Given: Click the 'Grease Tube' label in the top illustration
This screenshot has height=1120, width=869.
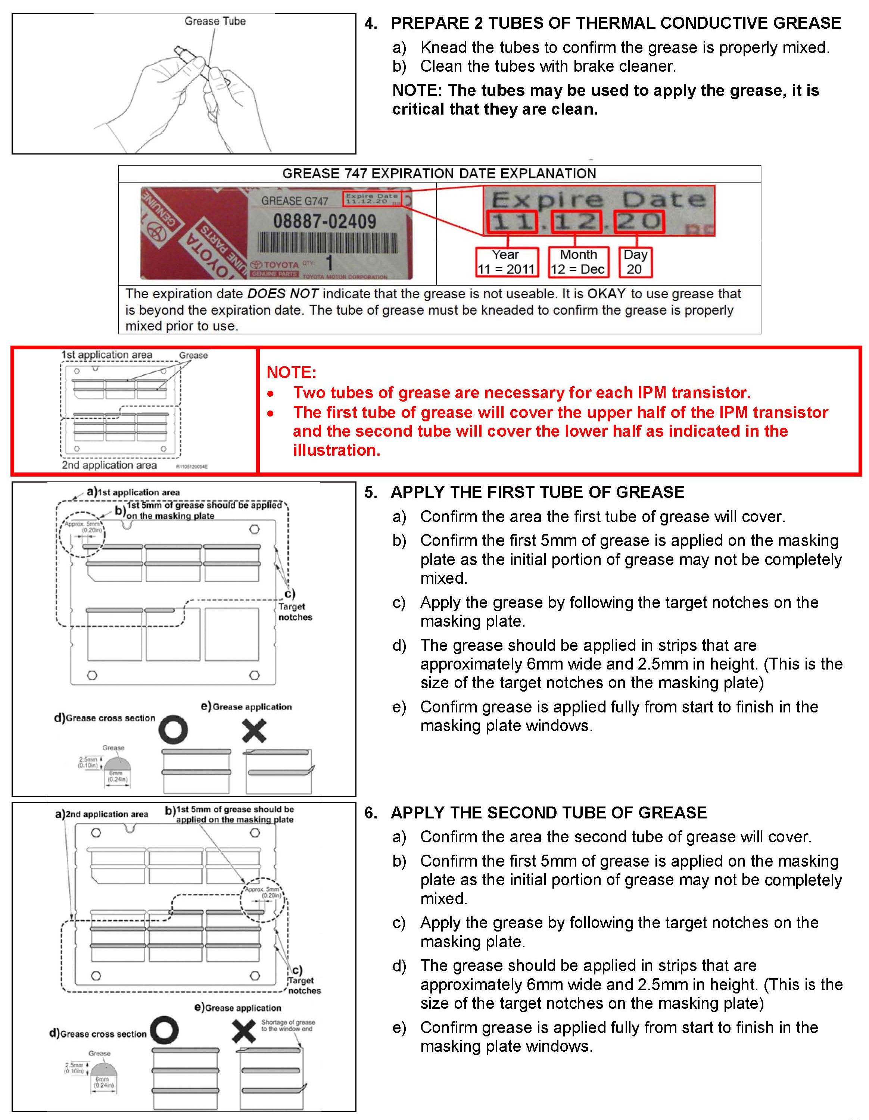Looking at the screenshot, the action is [215, 21].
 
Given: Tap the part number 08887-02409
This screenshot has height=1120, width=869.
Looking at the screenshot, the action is [324, 222].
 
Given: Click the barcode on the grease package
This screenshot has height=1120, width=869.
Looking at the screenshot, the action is [327, 243].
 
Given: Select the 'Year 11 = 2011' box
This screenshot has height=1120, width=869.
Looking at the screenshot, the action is [507, 262].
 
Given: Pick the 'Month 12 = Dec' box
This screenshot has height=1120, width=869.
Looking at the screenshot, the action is [578, 262].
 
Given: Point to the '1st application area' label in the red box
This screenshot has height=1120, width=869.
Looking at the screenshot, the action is [107, 355].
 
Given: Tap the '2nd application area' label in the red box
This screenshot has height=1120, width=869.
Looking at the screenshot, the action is [109, 465].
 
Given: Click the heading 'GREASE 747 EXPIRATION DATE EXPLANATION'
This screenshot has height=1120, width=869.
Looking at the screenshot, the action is [439, 173].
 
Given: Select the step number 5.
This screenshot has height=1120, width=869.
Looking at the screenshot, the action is [370, 492].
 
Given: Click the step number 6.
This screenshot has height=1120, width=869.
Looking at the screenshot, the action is [370, 813].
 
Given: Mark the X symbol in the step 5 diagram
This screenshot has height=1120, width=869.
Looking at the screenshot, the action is [254, 731].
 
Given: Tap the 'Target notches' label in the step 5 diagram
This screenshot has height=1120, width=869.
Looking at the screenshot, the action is [295, 612].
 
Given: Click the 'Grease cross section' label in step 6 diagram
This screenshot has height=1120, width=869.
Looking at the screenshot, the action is [103, 1034].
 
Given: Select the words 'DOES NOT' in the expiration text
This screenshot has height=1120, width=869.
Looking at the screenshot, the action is [283, 294].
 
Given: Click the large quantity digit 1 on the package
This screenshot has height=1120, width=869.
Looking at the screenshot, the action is [329, 263].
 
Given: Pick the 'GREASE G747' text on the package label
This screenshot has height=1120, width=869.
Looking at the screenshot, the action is [295, 201].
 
